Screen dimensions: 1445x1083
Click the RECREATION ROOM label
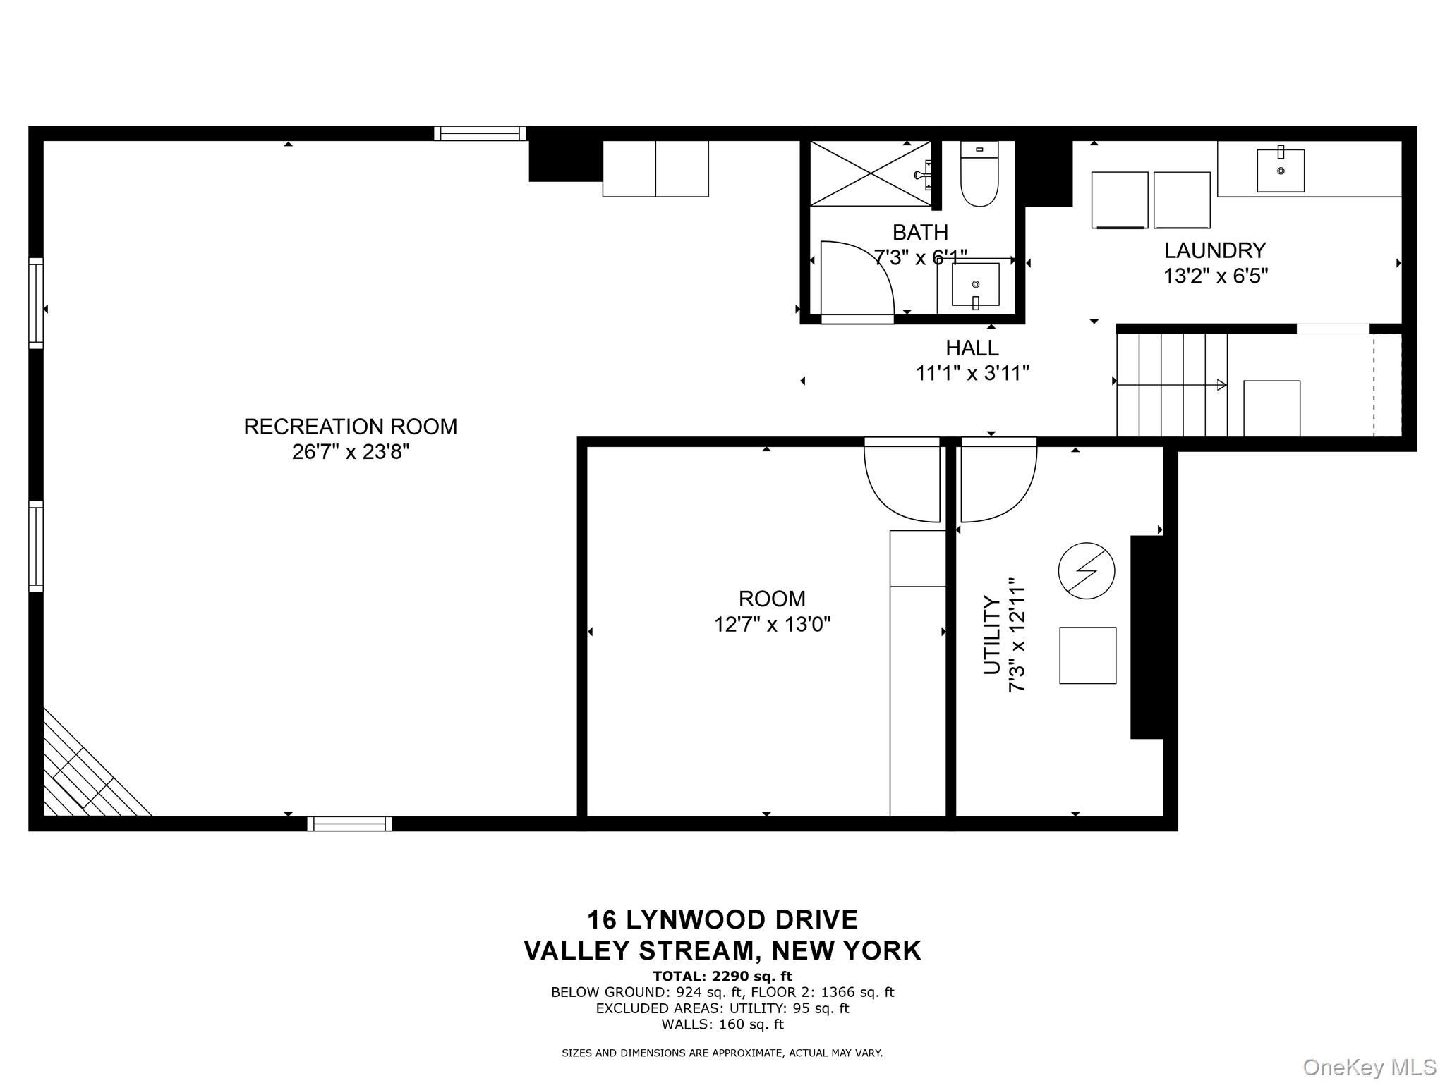[x=351, y=427]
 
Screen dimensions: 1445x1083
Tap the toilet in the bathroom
[x=979, y=173]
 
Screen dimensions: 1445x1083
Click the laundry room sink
[x=1281, y=170]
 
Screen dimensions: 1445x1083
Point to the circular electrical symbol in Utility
[x=1087, y=570]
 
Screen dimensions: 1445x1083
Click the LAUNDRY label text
[x=1215, y=250]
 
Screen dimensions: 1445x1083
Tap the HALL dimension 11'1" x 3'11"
[x=972, y=373]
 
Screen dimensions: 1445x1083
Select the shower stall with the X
[x=871, y=173]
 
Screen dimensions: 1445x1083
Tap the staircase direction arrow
[x=1172, y=385]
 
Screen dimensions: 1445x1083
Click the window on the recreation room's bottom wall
[x=349, y=824]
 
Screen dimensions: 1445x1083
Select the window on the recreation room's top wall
[x=480, y=133]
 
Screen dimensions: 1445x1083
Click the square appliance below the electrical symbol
[x=1087, y=655]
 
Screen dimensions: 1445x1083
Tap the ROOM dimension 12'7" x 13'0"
[x=773, y=625]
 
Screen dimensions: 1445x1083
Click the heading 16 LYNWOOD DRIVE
[x=722, y=919]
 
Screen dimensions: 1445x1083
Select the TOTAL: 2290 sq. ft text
[x=722, y=977]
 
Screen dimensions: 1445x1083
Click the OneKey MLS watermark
[x=1370, y=1067]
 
